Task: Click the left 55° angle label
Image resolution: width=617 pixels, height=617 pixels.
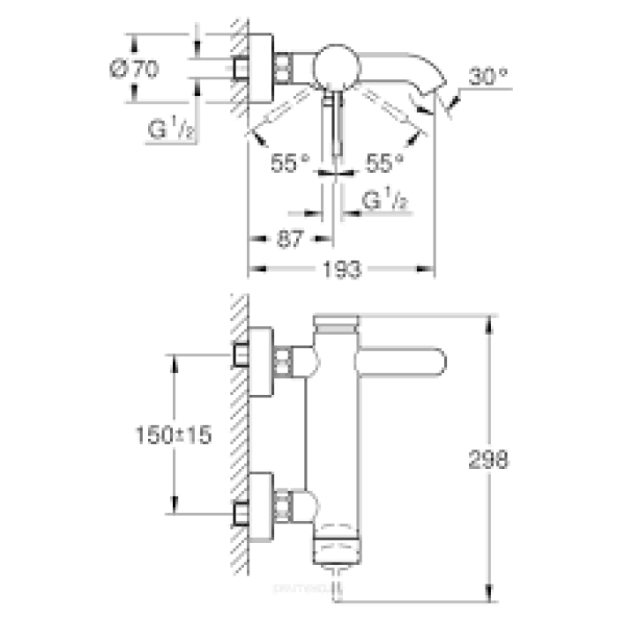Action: [x=291, y=161]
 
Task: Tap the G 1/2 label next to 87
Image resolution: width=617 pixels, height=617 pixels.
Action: [x=387, y=202]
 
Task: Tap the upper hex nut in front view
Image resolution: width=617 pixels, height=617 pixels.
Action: [x=283, y=359]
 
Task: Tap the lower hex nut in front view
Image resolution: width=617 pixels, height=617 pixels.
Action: [x=283, y=505]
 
